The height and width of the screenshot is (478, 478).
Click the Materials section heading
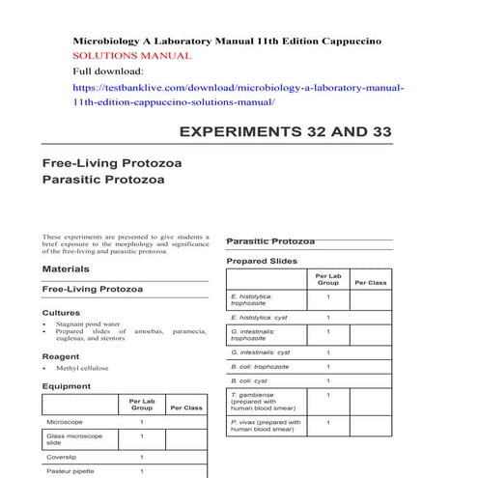pyautogui.click(x=65, y=268)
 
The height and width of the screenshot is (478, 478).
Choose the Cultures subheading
pyautogui.click(x=61, y=313)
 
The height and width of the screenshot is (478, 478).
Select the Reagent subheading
pyautogui.click(x=62, y=356)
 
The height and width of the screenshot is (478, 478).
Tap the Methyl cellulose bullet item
pyautogui.click(x=82, y=368)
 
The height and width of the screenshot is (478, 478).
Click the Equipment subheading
pyautogui.click(x=67, y=386)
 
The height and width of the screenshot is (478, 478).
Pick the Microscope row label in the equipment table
pyautogui.click(x=65, y=422)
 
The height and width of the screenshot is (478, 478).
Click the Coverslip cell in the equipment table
pyautogui.click(x=61, y=457)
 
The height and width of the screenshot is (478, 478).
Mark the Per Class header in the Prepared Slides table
pyautogui.click(x=371, y=282)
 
